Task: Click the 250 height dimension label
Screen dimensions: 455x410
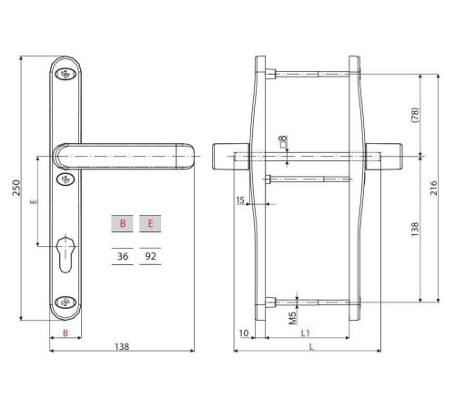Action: [x=16, y=188]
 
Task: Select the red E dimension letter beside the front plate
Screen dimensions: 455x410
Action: [x=34, y=201]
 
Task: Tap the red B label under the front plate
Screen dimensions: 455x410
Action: [x=66, y=333]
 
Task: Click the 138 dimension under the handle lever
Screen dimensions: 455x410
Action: [x=122, y=346]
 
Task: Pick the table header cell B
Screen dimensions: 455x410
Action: [x=122, y=223]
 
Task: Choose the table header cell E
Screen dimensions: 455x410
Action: [x=150, y=223]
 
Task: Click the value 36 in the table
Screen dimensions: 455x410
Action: [x=123, y=256]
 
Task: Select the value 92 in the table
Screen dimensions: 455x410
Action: [x=150, y=256]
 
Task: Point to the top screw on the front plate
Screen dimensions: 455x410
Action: [x=66, y=74]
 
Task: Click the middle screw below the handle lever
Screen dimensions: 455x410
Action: [x=66, y=179]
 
